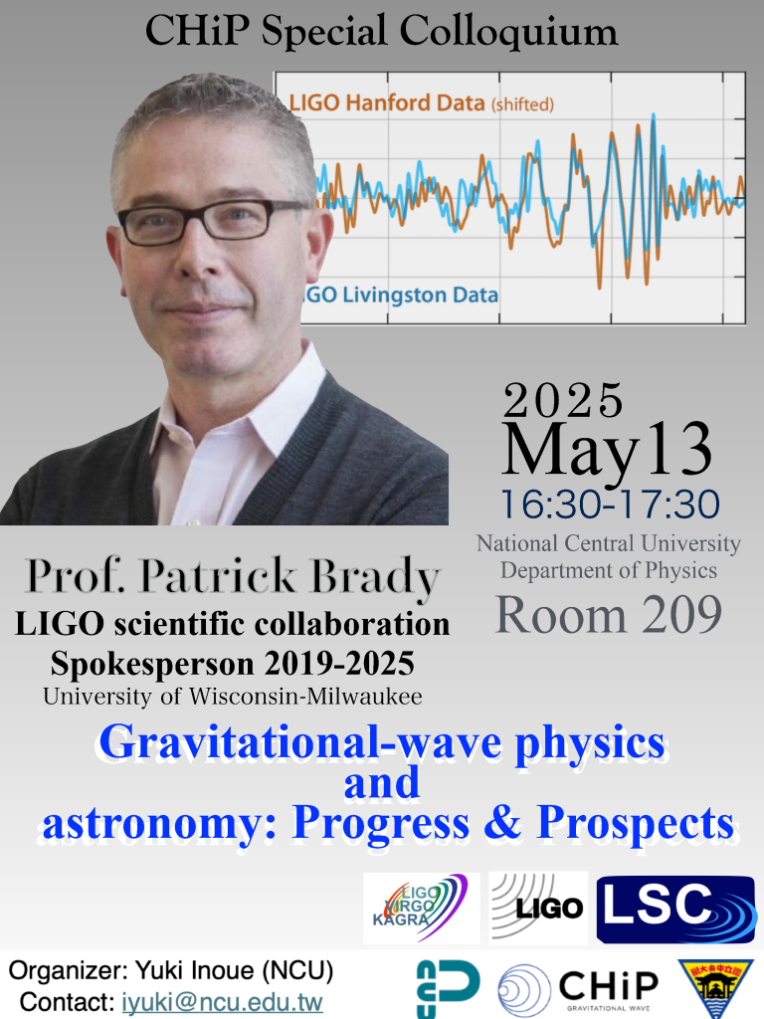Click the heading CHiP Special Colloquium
click(381, 31)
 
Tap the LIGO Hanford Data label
click(387, 102)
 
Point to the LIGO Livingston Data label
click(400, 295)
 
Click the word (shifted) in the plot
click(522, 104)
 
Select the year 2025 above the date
click(563, 400)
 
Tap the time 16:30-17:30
click(610, 505)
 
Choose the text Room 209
click(609, 614)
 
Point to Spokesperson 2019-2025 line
click(233, 664)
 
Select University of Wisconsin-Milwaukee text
click(233, 697)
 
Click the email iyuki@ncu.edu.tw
click(222, 1001)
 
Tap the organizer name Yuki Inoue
click(195, 970)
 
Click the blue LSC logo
click(676, 910)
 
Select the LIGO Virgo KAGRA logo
click(421, 908)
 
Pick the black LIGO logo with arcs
click(538, 908)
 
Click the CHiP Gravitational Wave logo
click(578, 989)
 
